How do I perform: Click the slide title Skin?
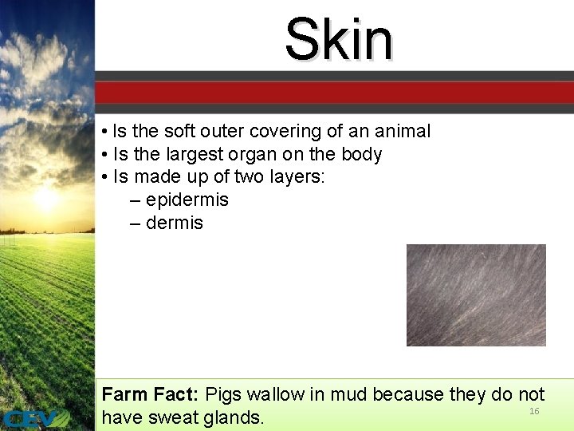tap(339, 40)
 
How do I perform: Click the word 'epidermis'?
tap(187, 200)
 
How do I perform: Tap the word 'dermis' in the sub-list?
tap(174, 223)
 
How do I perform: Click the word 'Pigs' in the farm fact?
tap(224, 394)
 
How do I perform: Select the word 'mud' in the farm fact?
tap(348, 394)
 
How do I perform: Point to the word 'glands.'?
tap(234, 417)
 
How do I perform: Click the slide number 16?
tap(534, 411)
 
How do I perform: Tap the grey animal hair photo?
tap(476, 295)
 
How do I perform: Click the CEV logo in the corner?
tap(35, 418)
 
